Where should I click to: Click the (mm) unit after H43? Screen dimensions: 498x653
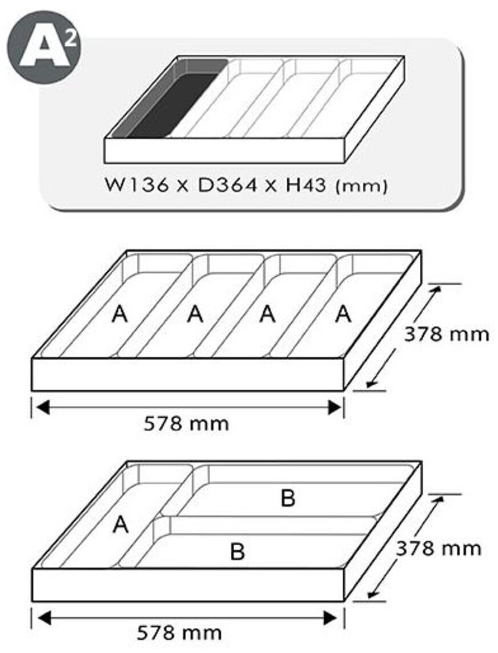[x=362, y=186]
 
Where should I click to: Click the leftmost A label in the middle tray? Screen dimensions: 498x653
[x=119, y=315]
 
